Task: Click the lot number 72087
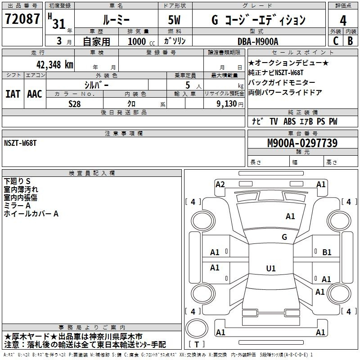click(x=22, y=19)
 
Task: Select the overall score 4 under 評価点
click(x=343, y=21)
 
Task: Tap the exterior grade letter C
click(x=336, y=41)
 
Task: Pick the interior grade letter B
click(x=350, y=41)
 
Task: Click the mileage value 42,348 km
click(x=55, y=65)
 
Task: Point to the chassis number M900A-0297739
click(x=302, y=143)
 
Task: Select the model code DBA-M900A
click(x=258, y=41)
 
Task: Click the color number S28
click(x=75, y=104)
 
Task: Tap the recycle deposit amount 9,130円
click(x=230, y=104)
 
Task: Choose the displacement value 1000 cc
click(x=141, y=41)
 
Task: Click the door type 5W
click(x=174, y=20)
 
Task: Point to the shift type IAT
click(x=13, y=94)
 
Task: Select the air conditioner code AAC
click(x=35, y=94)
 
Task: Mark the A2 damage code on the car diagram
click(x=220, y=184)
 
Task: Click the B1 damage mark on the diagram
click(x=327, y=252)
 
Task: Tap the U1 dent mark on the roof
click(x=271, y=268)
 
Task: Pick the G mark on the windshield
click(x=284, y=237)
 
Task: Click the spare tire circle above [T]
click(x=197, y=328)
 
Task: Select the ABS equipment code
click(x=289, y=121)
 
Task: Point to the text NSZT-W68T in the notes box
click(x=20, y=143)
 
